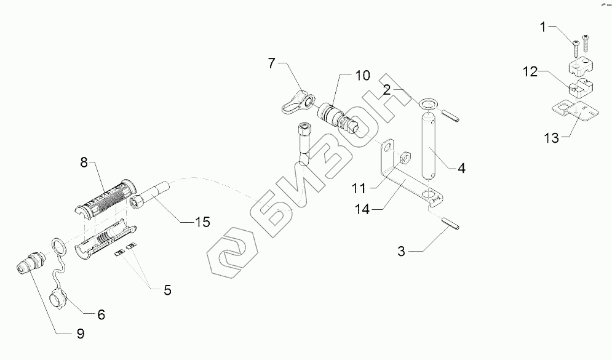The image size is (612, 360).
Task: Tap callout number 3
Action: (x=400, y=250)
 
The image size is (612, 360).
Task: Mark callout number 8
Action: (x=84, y=163)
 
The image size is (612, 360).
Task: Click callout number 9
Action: (x=81, y=333)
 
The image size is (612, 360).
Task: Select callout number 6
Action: (x=100, y=314)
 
